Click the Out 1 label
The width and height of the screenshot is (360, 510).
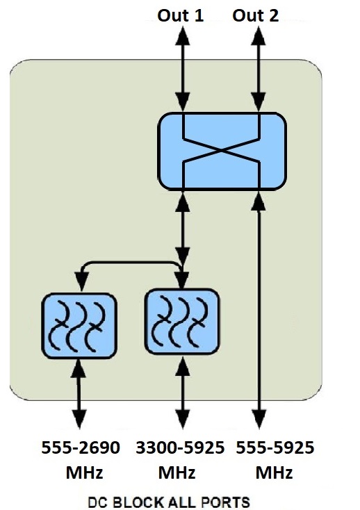click(x=181, y=15)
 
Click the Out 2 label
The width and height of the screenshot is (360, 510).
click(x=255, y=15)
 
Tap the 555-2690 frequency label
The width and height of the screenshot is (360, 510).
click(x=81, y=447)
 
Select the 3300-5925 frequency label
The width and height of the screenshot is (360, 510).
click(x=180, y=447)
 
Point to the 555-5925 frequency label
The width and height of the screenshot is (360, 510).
click(x=275, y=447)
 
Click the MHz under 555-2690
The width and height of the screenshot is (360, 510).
click(x=84, y=472)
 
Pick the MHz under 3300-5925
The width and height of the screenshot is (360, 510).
click(x=177, y=472)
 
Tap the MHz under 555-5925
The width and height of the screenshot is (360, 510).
click(x=274, y=472)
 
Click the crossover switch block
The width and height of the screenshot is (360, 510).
click(x=222, y=151)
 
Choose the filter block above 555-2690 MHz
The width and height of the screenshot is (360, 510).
click(x=79, y=326)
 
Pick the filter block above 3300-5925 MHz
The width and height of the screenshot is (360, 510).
click(x=182, y=321)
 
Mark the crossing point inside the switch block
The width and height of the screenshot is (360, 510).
click(x=222, y=150)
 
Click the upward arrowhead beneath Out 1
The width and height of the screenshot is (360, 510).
click(x=183, y=35)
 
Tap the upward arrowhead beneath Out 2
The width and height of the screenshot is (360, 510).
click(x=259, y=35)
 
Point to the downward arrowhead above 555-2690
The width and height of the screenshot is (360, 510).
click(x=79, y=418)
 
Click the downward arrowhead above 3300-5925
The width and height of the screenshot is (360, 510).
click(x=183, y=418)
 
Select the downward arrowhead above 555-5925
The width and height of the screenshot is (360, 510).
click(x=259, y=418)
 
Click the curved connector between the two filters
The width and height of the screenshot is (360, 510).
click(x=130, y=262)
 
